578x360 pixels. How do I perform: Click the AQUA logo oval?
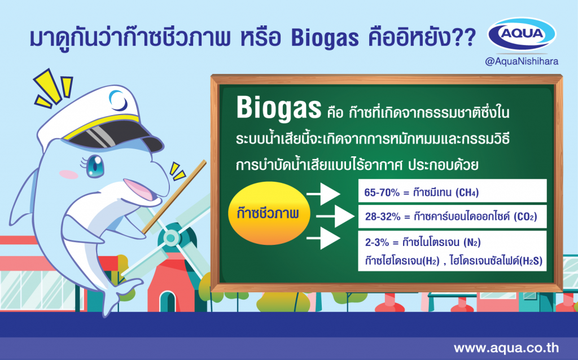point(522,34)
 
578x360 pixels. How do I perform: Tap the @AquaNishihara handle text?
point(522,61)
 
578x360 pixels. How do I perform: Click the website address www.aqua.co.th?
point(506,348)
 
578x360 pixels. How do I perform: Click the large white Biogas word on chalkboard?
point(279,108)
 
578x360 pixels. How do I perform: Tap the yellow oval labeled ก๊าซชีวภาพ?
point(269,213)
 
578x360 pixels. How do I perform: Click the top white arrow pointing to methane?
point(323,194)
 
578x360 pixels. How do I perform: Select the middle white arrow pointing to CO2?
point(335,216)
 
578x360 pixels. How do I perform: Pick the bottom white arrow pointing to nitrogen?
point(323,238)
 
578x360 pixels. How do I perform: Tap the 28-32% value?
point(383,216)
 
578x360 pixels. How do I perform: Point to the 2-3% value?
point(376,242)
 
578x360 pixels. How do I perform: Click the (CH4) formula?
point(467,192)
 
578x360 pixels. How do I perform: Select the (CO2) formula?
point(526,216)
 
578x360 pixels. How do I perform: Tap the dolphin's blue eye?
point(95,166)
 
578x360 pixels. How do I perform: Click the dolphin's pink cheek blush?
point(68,174)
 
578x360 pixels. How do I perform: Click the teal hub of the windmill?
point(170,238)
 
